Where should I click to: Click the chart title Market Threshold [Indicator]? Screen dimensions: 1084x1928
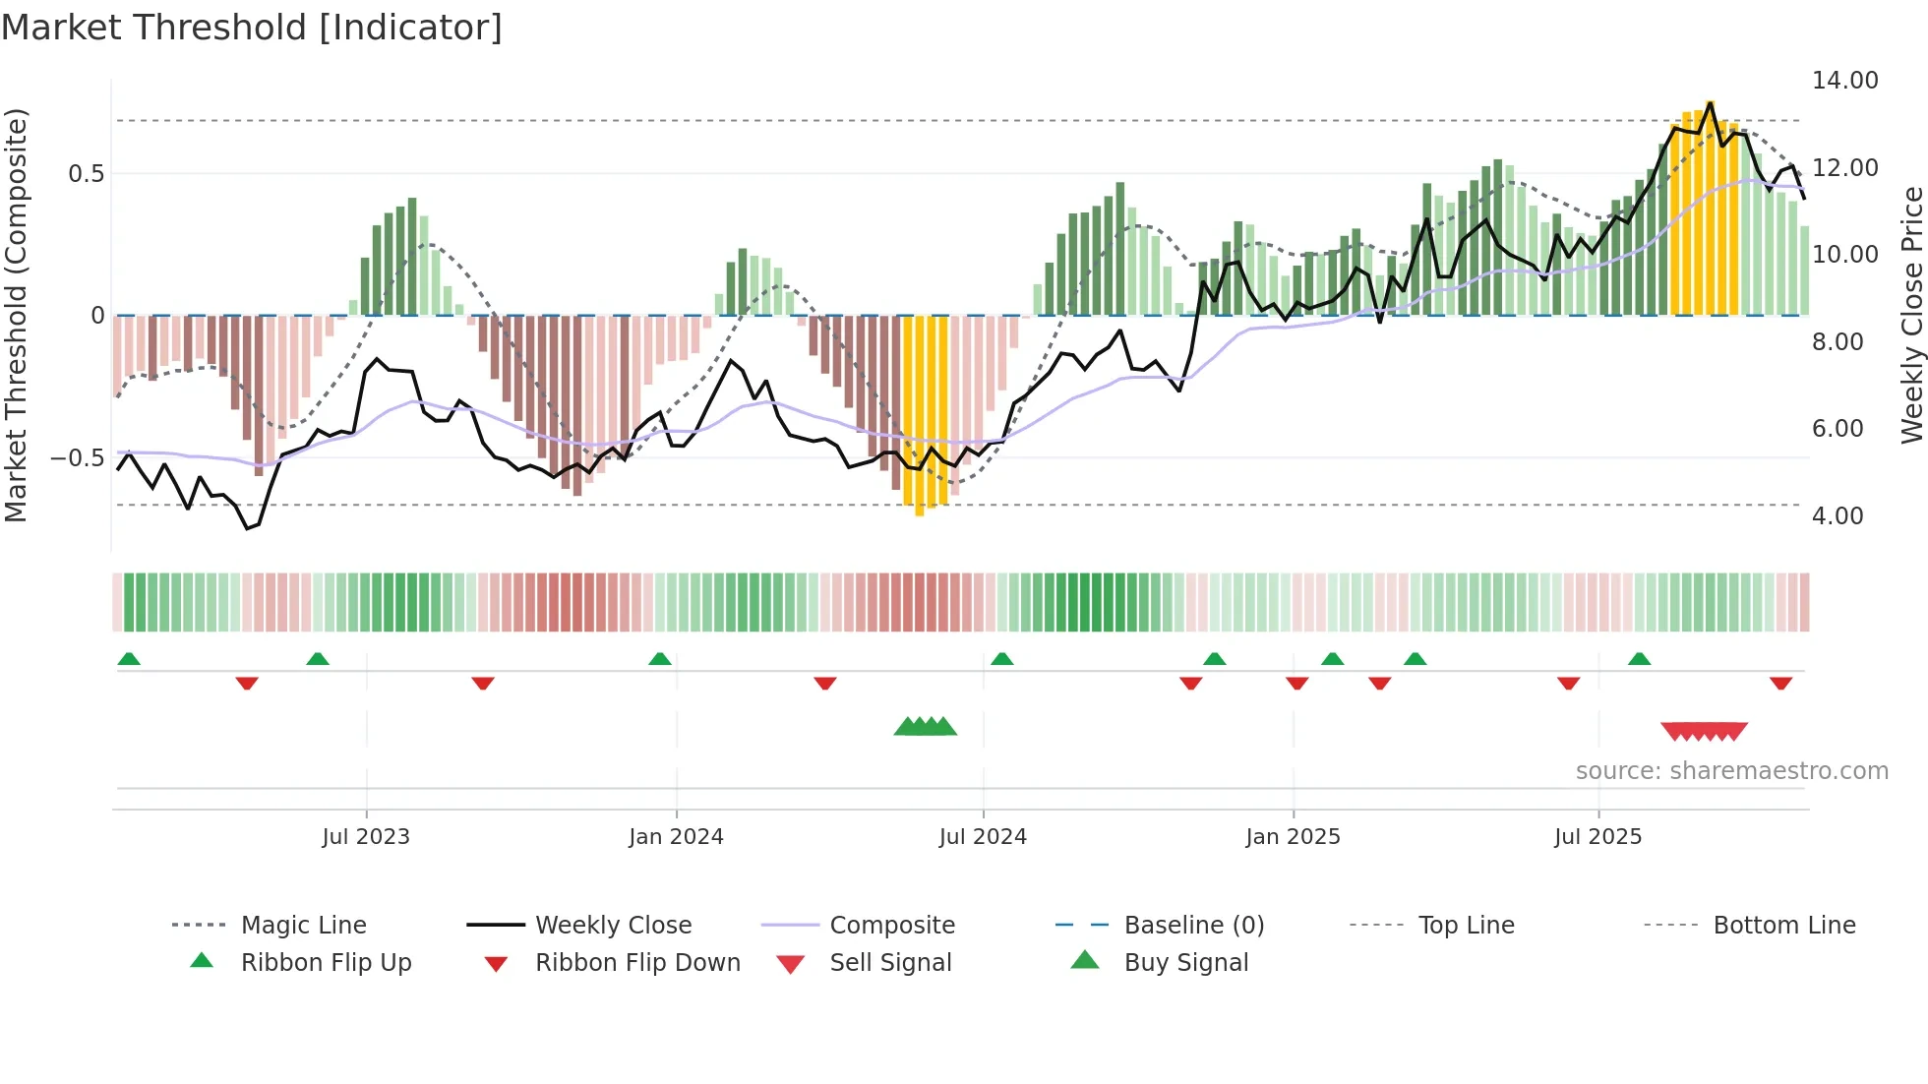pyautogui.click(x=252, y=28)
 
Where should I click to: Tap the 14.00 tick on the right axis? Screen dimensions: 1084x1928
pyautogui.click(x=1844, y=81)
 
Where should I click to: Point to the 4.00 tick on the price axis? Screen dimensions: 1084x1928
pyautogui.click(x=1837, y=516)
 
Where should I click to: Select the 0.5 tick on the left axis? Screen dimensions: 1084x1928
pyautogui.click(x=86, y=174)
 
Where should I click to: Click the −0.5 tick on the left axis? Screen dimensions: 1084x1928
pyautogui.click(x=77, y=458)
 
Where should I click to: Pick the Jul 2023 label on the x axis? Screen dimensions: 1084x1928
pyautogui.click(x=365, y=837)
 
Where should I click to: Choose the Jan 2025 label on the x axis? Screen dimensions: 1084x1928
pyautogui.click(x=1292, y=837)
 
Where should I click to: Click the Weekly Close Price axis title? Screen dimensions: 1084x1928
pyautogui.click(x=1911, y=315)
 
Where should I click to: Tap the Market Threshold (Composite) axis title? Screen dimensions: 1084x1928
pyautogui.click(x=16, y=315)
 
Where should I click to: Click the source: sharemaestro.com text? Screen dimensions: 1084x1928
pyautogui.click(x=1731, y=771)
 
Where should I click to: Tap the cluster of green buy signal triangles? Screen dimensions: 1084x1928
pyautogui.click(x=925, y=727)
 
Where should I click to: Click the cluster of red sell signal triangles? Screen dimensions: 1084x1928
pyautogui.click(x=1704, y=731)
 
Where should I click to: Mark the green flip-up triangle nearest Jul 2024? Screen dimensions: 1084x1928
pyautogui.click(x=1001, y=659)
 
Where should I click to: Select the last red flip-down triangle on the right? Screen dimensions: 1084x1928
pyautogui.click(x=1780, y=683)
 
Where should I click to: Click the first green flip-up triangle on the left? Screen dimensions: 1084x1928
pyautogui.click(x=129, y=659)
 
